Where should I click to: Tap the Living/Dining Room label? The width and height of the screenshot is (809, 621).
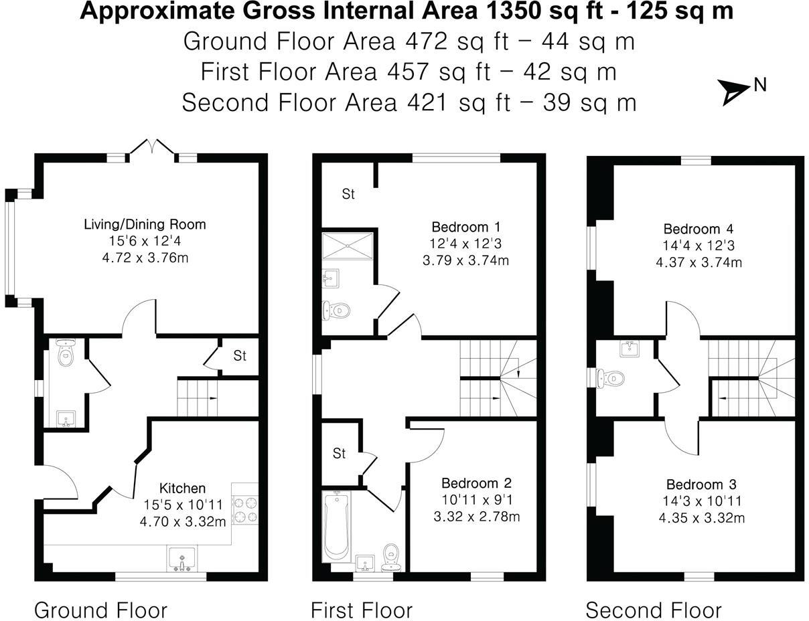(144, 224)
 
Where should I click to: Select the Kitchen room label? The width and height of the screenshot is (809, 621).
(182, 489)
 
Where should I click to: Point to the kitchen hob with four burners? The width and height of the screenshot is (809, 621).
(245, 509)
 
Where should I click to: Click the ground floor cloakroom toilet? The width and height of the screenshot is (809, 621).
(66, 354)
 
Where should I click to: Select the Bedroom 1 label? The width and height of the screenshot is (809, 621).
(465, 226)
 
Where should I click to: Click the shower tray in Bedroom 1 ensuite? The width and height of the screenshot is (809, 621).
(348, 246)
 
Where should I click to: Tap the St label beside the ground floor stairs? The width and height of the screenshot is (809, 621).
(240, 356)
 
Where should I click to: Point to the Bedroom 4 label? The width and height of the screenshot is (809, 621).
(698, 229)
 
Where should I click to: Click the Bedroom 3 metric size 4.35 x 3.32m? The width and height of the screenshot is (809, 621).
(701, 518)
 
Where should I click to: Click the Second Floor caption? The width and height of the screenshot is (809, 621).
(654, 610)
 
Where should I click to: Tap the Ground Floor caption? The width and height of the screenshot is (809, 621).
(100, 610)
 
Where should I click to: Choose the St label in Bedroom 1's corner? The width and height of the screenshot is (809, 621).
(348, 195)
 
